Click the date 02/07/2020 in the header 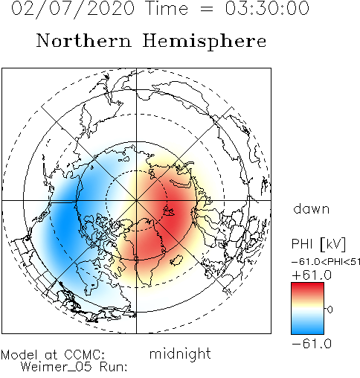click(73, 9)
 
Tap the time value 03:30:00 click(267, 8)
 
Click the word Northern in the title click(84, 40)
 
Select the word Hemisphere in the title click(205, 42)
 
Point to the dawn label click(311, 208)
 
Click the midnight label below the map click(180, 354)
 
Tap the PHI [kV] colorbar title click(318, 244)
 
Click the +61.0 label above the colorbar click(312, 275)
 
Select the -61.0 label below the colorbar click(312, 344)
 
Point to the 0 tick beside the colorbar click(330, 310)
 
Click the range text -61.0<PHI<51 click(326, 262)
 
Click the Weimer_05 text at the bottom click(57, 367)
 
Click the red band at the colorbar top click(307, 288)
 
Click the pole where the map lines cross click(136, 200)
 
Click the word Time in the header click(167, 8)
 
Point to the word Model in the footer click(19, 355)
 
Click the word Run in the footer click(113, 367)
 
